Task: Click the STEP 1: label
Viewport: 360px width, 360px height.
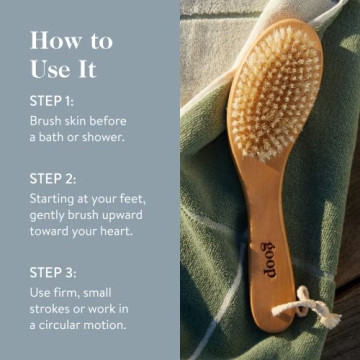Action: [50, 100]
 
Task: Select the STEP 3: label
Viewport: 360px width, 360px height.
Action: [51, 271]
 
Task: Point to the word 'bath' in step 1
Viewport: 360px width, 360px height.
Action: [56, 136]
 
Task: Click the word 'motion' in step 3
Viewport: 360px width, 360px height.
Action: [125, 324]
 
